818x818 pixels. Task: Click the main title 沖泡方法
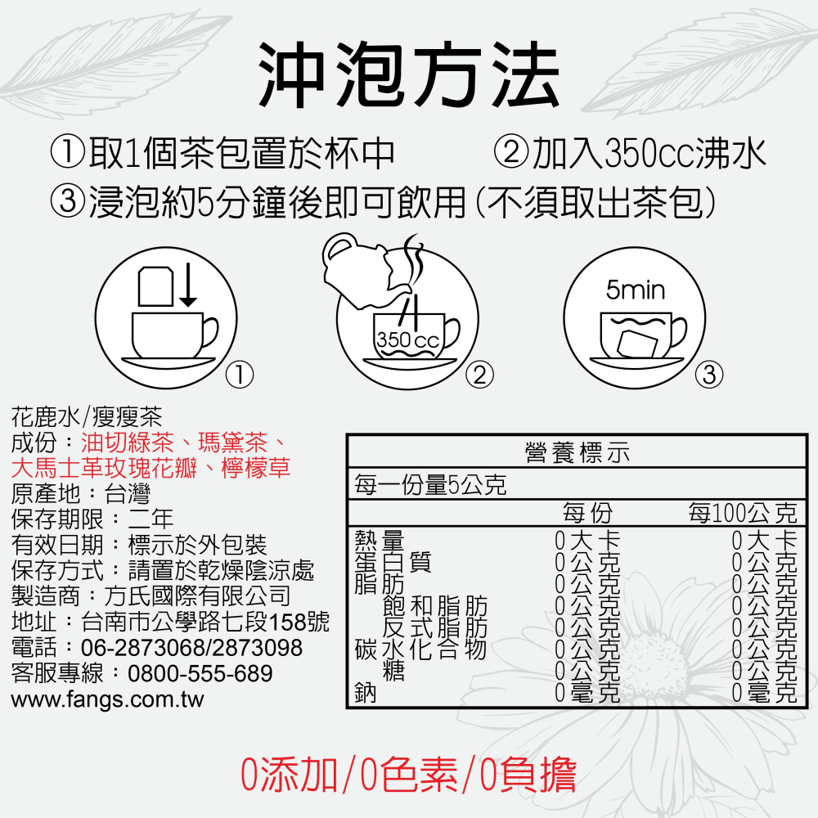408,75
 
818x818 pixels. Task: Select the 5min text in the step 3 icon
636,290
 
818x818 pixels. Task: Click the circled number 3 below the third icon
708,375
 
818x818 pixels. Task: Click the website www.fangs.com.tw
107,699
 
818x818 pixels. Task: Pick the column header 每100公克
742,514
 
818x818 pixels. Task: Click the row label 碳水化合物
420,651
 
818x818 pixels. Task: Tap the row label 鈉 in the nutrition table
365,693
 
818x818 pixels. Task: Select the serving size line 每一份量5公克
429,485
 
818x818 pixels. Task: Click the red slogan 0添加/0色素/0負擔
408,775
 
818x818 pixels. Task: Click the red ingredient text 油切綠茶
128,443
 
